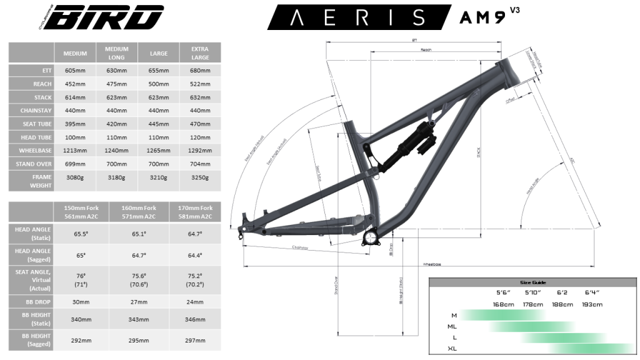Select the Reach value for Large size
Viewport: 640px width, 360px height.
click(158, 84)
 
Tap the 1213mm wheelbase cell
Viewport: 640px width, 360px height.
click(75, 151)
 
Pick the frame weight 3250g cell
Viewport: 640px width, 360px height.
click(200, 178)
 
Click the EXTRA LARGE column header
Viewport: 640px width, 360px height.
click(200, 53)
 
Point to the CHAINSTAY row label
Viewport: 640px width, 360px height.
click(31, 111)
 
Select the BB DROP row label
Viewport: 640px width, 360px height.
click(31, 302)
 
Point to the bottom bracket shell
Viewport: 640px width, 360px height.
click(372, 238)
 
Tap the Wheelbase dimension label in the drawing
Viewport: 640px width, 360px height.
click(431, 264)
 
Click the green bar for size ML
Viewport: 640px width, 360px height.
click(531, 326)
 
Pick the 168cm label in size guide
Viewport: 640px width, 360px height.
click(503, 304)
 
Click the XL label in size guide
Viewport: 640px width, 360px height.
click(452, 348)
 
